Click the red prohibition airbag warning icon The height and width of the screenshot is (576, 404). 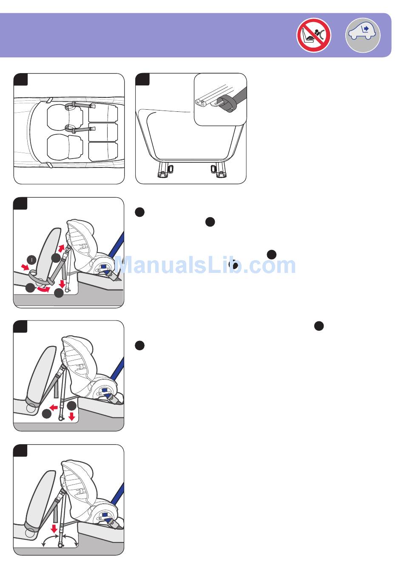click(x=314, y=35)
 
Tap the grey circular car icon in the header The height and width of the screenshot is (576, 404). click(x=363, y=35)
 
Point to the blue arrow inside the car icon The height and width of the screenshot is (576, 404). click(x=366, y=28)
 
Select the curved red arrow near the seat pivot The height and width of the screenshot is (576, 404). click(x=43, y=289)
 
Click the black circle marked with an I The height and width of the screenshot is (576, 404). click(x=31, y=260)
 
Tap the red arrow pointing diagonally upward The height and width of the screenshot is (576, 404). click(x=61, y=248)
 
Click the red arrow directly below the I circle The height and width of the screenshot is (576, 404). click(x=25, y=267)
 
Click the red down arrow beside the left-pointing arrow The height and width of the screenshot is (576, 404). click(x=71, y=416)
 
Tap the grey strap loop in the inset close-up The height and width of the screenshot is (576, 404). click(x=226, y=104)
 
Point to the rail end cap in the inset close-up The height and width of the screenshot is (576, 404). click(x=200, y=103)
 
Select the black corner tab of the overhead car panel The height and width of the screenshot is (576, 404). click(x=20, y=79)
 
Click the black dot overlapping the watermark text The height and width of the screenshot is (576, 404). click(x=233, y=264)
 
